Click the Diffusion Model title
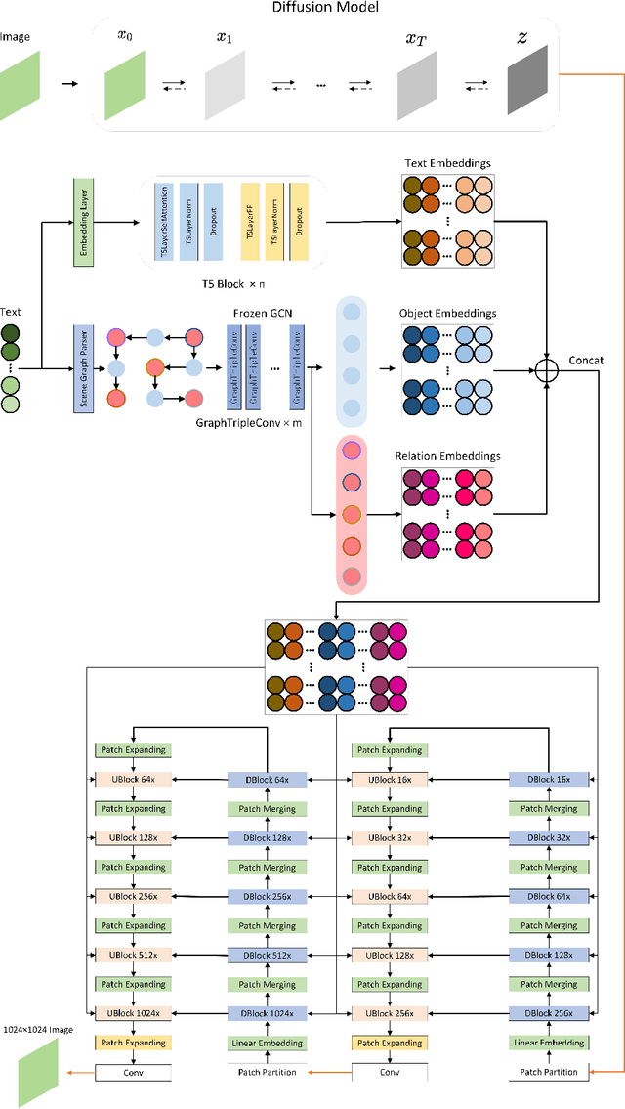tap(312, 8)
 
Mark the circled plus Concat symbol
tap(547, 369)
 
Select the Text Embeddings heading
tap(447, 164)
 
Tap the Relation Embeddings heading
tap(447, 455)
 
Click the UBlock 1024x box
tap(132, 1013)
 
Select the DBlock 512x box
tap(267, 955)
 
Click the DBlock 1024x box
tap(267, 1013)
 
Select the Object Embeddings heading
tap(447, 314)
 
